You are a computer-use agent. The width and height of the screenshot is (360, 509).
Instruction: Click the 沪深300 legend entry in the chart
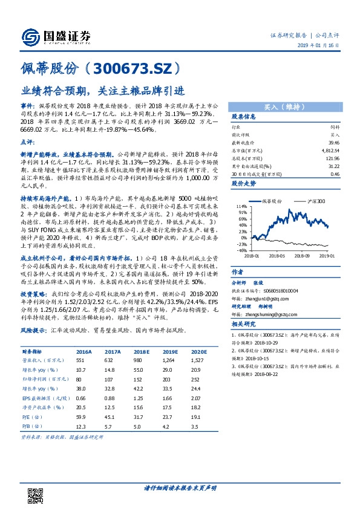tap(315, 200)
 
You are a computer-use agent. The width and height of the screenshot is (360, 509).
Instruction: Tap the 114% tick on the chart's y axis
tap(241, 207)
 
